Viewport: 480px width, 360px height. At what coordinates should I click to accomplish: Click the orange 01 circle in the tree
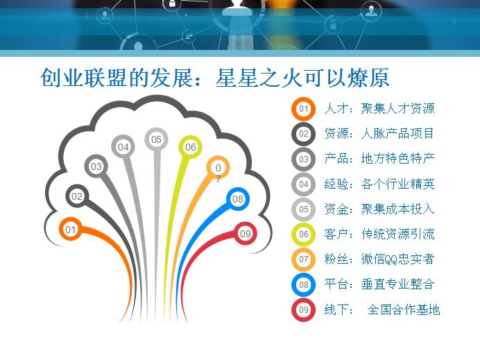[71, 229]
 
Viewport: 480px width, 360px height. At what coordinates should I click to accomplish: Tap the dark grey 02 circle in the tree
[77, 196]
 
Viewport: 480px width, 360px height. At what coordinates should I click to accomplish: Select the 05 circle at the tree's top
[156, 139]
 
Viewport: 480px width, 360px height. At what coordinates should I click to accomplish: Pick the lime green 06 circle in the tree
[191, 147]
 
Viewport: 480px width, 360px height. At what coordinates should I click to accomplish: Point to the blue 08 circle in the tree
[238, 199]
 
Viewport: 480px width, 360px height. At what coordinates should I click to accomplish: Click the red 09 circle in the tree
[246, 234]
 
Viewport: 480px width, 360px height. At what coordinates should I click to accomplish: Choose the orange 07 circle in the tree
[218, 168]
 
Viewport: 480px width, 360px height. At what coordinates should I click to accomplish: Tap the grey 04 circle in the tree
[123, 146]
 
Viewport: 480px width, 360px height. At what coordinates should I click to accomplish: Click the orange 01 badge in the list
[303, 109]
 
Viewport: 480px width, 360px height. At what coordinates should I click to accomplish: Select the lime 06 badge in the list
[303, 234]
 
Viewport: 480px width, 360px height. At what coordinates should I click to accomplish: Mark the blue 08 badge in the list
[303, 284]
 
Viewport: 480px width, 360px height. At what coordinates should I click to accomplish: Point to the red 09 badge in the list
[303, 310]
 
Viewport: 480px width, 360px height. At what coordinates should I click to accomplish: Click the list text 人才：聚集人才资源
[379, 108]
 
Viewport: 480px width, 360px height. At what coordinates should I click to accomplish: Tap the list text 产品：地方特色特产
[379, 159]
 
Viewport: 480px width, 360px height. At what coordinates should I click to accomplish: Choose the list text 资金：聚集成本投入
[379, 209]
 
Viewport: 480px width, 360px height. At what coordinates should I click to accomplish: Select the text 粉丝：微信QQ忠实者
[379, 259]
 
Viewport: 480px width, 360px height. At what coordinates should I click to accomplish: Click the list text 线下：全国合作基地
[382, 309]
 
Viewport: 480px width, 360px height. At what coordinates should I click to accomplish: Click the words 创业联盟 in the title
[83, 78]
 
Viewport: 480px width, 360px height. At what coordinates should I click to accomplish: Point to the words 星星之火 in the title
[259, 78]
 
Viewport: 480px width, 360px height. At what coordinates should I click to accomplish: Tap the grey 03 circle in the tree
[96, 166]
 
